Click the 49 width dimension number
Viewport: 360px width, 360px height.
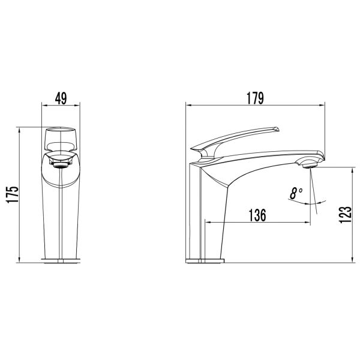pyautogui.click(x=61, y=98)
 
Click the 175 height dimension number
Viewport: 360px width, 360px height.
pyautogui.click(x=12, y=194)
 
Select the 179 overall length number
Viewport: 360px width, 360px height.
pyautogui.click(x=256, y=98)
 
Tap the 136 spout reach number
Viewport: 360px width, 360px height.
pyautogui.click(x=257, y=215)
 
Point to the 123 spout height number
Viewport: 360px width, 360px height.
pyautogui.click(x=345, y=214)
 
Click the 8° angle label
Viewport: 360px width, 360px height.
pyautogui.click(x=296, y=193)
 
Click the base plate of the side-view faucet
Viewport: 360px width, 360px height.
pyautogui.click(x=205, y=261)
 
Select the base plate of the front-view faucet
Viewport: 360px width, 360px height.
pyautogui.click(x=61, y=261)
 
